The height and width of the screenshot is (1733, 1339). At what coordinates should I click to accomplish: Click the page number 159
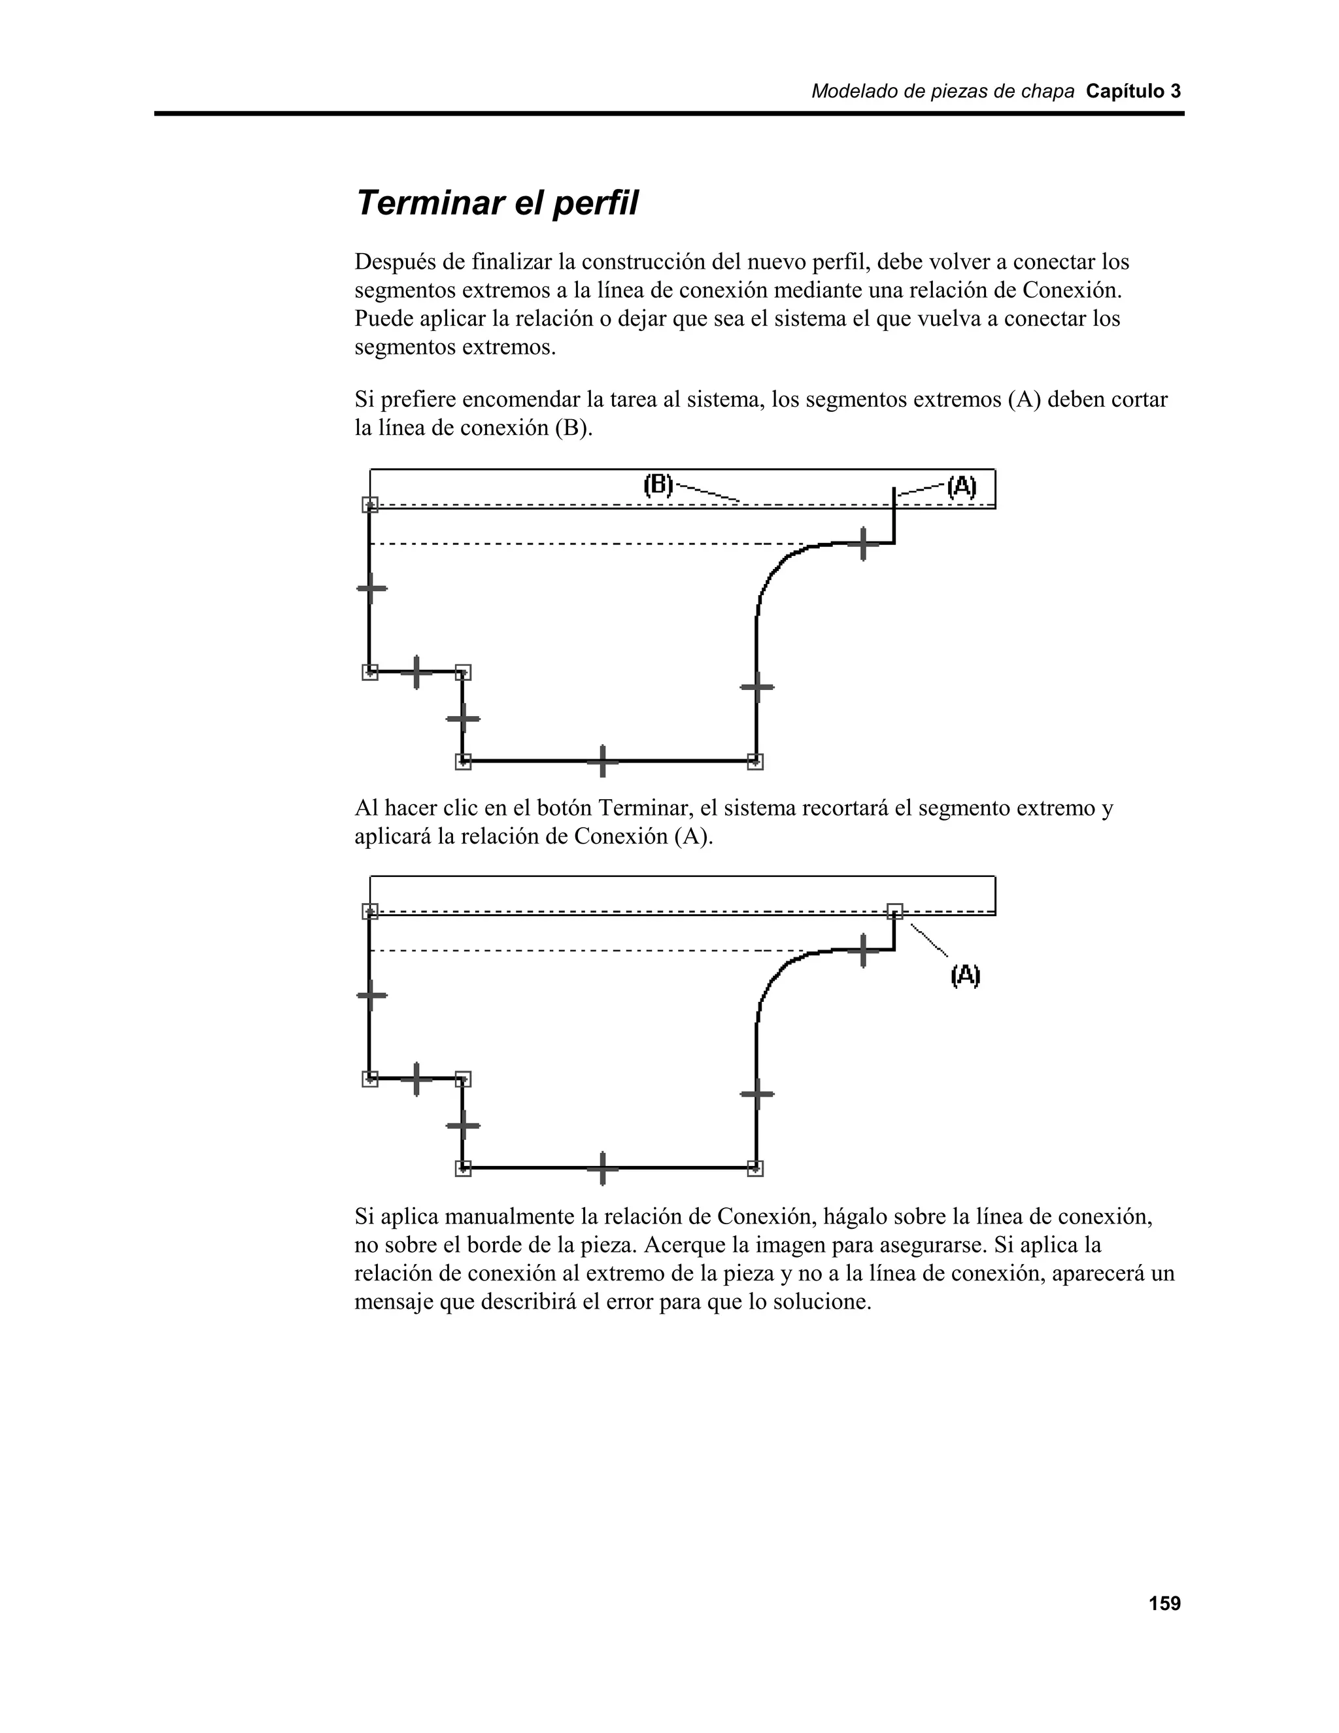pos(1164,1604)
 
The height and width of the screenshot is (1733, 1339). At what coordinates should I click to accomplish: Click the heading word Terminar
pos(429,203)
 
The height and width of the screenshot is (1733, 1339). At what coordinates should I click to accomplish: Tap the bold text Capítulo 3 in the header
pos(1133,92)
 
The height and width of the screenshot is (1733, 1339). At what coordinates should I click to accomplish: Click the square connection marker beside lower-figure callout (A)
pos(894,910)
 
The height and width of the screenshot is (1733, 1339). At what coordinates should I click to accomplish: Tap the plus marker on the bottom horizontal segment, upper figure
pos(603,761)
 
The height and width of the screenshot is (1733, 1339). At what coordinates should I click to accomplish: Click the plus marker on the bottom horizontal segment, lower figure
pos(603,1168)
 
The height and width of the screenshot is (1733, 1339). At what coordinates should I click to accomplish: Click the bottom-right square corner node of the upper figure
pos(755,761)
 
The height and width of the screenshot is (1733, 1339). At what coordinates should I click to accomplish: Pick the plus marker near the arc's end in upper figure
pos(863,543)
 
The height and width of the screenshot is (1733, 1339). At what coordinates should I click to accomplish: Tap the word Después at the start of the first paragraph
pos(393,261)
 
